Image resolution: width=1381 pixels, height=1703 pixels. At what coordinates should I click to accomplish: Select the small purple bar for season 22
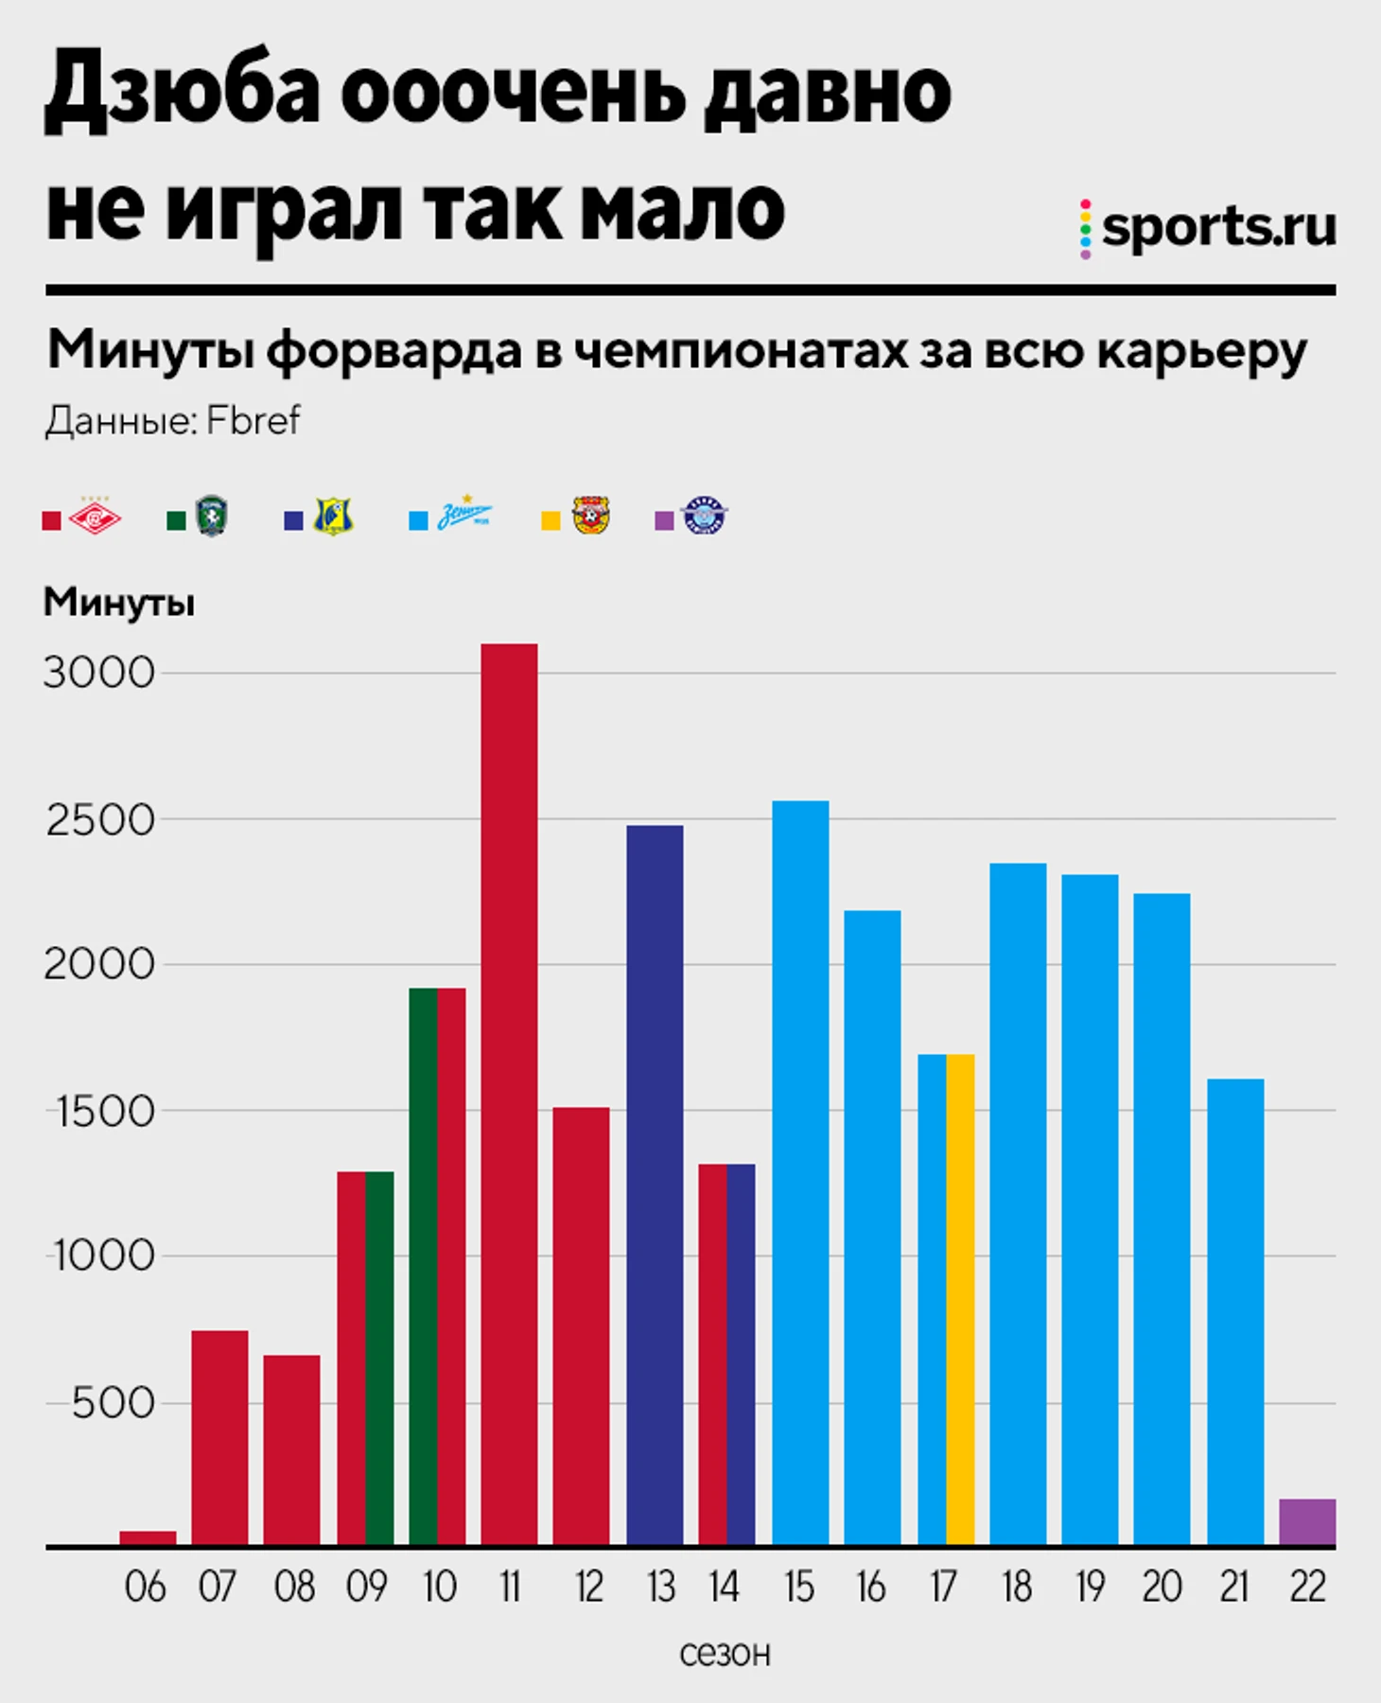pos(1307,1522)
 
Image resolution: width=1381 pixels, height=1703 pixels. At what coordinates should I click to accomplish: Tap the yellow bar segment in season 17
pos(960,1300)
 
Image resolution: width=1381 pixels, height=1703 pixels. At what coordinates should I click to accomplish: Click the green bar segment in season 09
pos(379,1359)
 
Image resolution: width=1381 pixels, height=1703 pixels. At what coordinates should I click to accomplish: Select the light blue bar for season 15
pos(800,1173)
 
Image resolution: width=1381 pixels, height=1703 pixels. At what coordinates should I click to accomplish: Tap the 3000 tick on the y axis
pos(98,674)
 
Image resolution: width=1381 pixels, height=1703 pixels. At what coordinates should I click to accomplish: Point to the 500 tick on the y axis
pos(113,1403)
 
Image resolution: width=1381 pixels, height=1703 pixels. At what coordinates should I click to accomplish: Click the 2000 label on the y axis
pos(98,965)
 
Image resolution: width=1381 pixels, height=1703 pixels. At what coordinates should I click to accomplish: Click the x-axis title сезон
pos(725,1654)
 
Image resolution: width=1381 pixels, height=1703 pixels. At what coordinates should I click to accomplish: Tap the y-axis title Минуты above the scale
pos(119,603)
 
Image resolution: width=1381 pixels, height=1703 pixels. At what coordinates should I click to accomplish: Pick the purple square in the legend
pos(664,520)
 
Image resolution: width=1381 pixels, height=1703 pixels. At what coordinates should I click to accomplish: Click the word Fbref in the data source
pos(253,421)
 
